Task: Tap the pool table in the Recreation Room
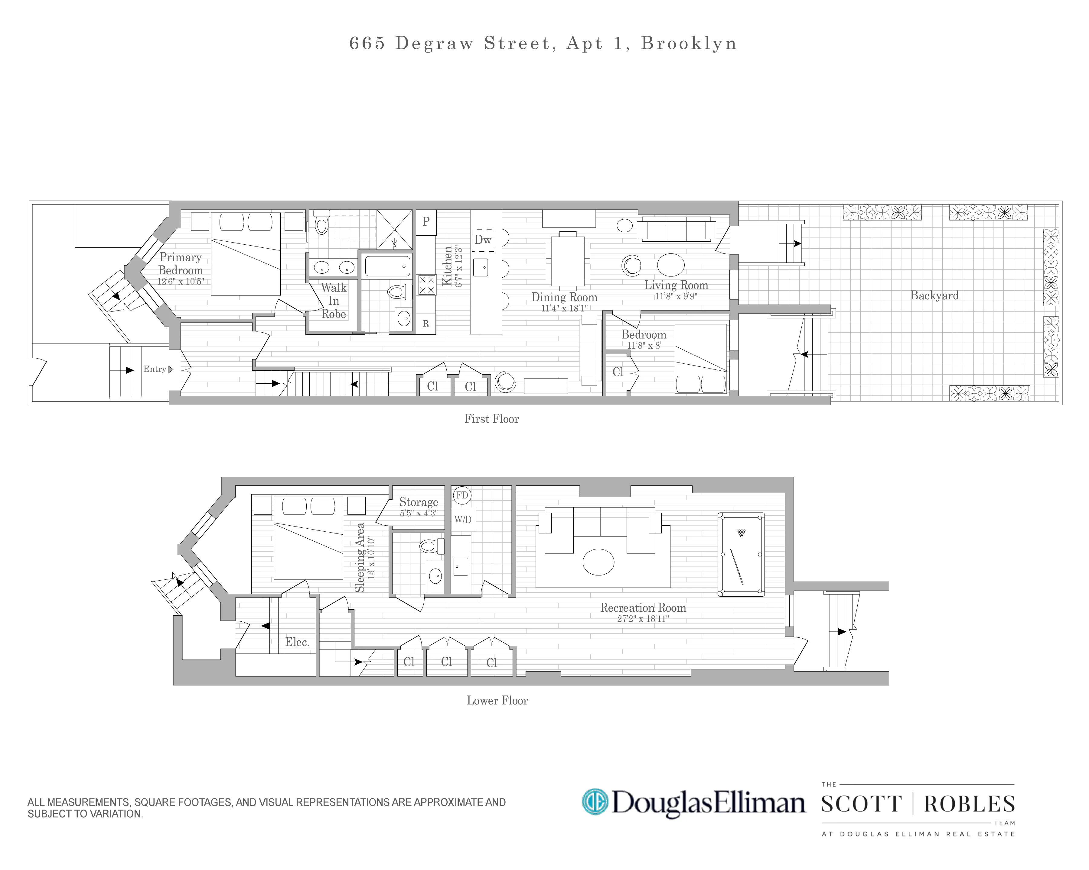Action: tap(741, 555)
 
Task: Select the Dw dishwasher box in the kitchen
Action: tap(483, 240)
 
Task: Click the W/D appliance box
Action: tap(463, 519)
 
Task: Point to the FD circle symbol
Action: tap(462, 495)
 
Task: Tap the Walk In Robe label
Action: tap(334, 301)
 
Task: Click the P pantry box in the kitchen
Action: tap(426, 221)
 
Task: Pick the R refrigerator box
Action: tap(426, 324)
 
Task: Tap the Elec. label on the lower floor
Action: tap(297, 642)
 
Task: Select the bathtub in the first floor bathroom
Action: tap(387, 266)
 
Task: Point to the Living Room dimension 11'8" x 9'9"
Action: tap(676, 296)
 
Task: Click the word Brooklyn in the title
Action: tap(689, 43)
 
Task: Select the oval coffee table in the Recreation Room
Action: tap(598, 562)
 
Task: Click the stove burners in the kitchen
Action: tap(427, 285)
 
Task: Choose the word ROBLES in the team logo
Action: tap(969, 804)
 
